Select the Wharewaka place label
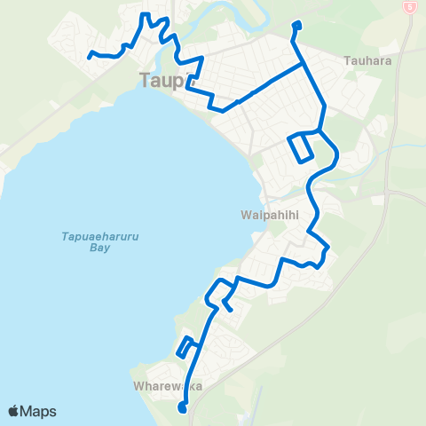[x=162, y=387]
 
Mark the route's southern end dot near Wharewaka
[x=183, y=408]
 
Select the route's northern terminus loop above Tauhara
[x=296, y=27]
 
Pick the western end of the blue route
[x=91, y=56]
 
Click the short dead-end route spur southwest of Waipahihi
[x=228, y=304]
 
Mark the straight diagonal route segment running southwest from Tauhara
[x=266, y=83]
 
